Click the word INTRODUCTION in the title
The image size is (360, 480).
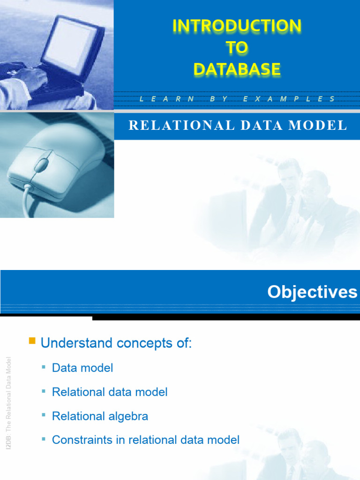[237, 26]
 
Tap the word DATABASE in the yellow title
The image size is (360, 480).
[237, 69]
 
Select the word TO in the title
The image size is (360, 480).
[237, 48]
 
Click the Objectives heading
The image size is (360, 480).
[312, 292]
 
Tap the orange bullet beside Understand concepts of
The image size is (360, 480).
[32, 341]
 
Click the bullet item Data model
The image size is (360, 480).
[82, 368]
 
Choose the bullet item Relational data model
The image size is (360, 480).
[110, 392]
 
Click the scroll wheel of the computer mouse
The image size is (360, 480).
[42, 165]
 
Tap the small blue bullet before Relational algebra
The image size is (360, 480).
[44, 415]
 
